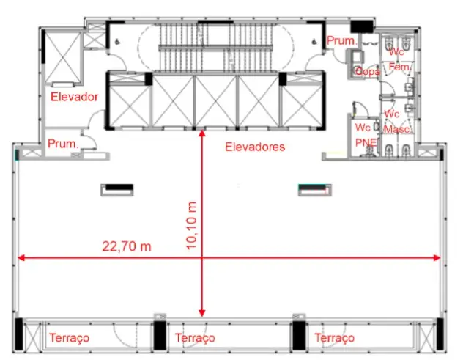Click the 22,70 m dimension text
(x=127, y=246)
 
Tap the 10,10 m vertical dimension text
(x=192, y=226)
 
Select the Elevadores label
(x=255, y=147)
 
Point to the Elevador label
(x=75, y=97)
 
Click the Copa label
(x=368, y=72)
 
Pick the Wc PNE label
(x=366, y=135)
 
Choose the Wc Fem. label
(x=399, y=59)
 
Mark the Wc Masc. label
(x=397, y=122)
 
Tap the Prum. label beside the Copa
(x=342, y=40)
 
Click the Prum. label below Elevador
(x=63, y=144)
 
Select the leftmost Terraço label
(x=69, y=337)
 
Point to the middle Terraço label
(x=195, y=337)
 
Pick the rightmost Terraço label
(x=335, y=337)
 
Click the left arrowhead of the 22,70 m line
(x=21, y=258)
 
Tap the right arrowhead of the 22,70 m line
(x=437, y=258)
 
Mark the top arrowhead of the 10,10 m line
(x=202, y=133)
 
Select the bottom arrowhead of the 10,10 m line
(x=202, y=313)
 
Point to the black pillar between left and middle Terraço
(x=160, y=336)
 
